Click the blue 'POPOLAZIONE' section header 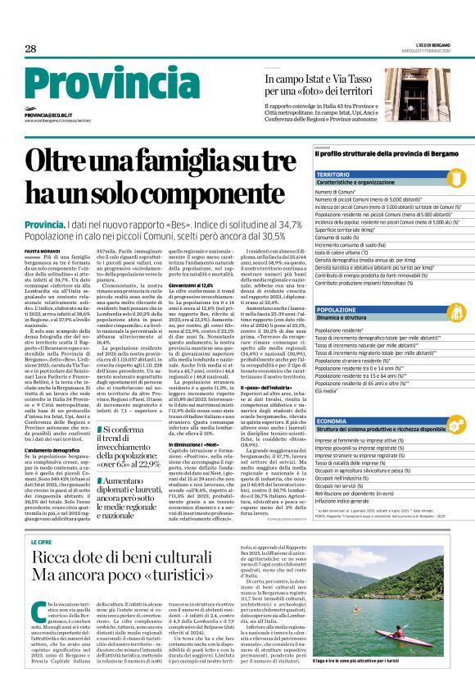pos(337,309)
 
